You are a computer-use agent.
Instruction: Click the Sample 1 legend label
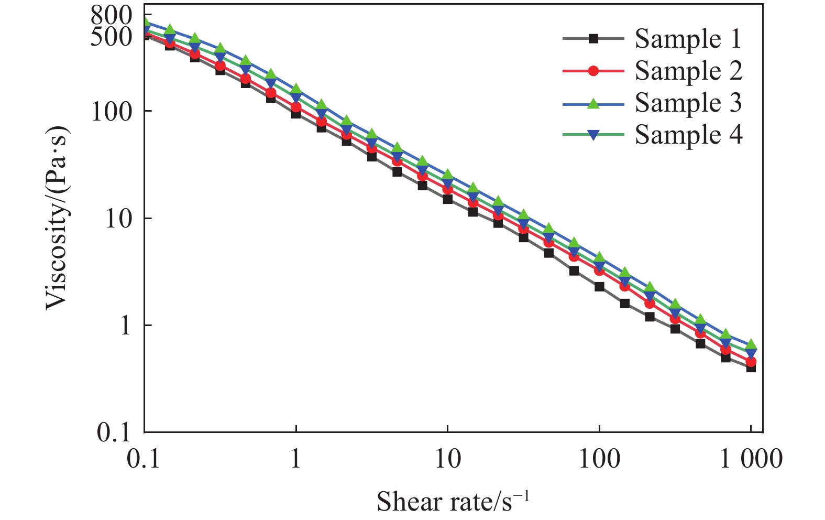coord(688,39)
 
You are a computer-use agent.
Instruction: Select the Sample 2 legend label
coord(688,71)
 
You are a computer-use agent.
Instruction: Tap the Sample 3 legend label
coord(688,103)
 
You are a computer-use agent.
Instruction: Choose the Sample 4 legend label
coord(688,135)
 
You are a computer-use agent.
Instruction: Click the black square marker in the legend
coord(593,38)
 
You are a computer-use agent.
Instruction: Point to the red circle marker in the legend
coord(593,71)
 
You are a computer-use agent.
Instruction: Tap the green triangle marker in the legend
coord(593,103)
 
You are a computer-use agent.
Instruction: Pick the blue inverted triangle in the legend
coord(593,135)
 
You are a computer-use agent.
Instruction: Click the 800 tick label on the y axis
coord(112,16)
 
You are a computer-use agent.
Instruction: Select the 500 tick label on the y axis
coord(112,36)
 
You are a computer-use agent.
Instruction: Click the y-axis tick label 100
coord(112,111)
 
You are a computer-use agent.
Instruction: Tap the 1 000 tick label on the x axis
coord(751,460)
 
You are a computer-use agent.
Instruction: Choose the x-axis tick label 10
coord(447,460)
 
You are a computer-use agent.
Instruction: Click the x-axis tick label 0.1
coord(144,460)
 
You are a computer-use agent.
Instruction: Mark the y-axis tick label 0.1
coord(114,432)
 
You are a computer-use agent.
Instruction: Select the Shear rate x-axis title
coord(453,501)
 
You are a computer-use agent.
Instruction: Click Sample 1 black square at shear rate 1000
coord(751,367)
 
